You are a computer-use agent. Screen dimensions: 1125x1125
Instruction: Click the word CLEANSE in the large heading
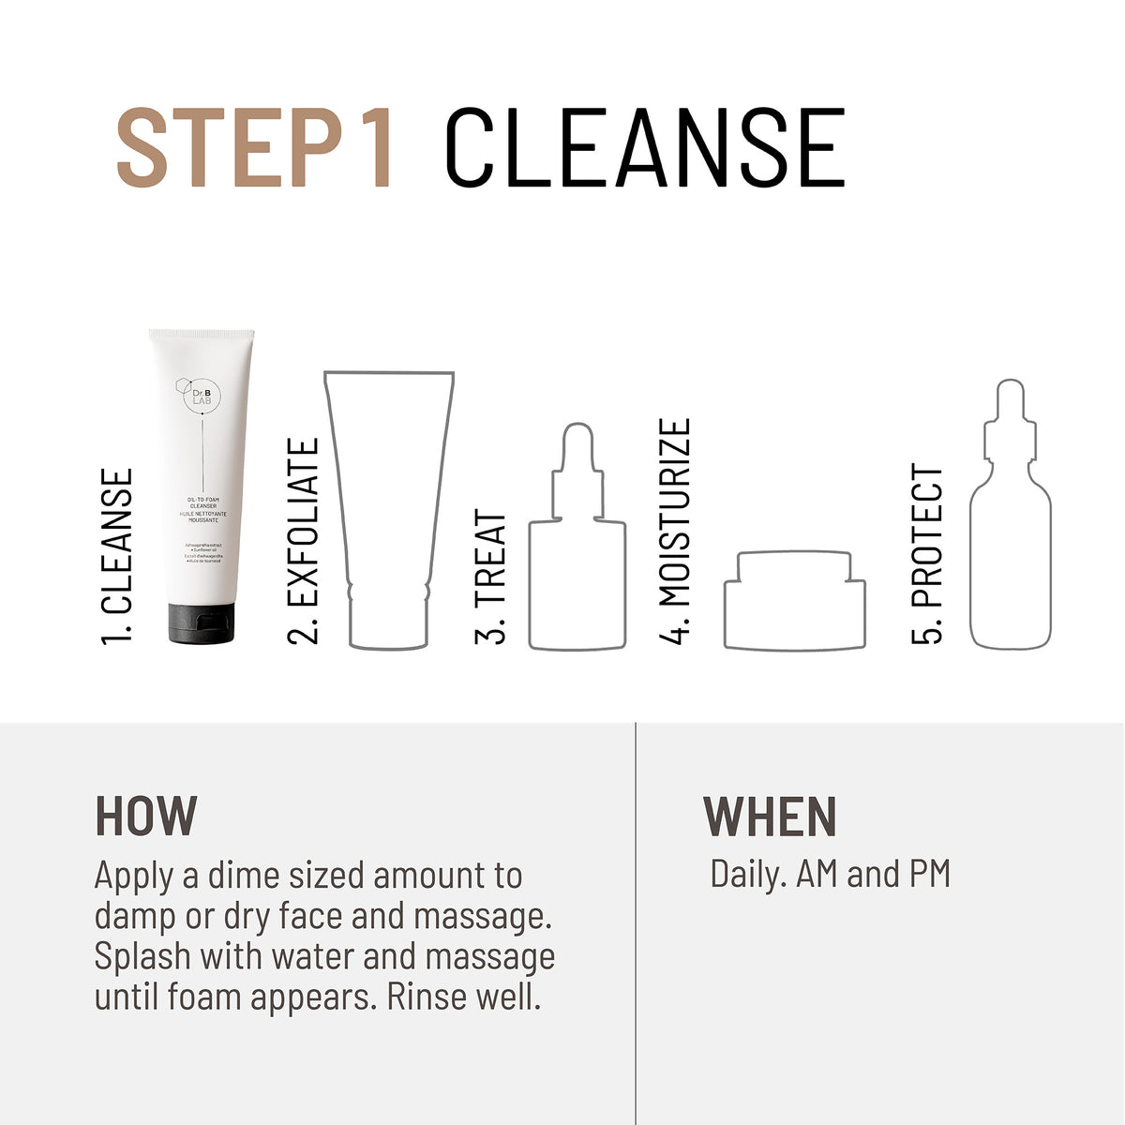pos(645,149)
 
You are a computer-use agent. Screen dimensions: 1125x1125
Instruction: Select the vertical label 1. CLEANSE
pos(118,556)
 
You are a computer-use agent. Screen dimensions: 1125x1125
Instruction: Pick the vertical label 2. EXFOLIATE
pos(304,542)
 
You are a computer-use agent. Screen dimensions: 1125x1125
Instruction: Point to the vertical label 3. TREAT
pos(491,578)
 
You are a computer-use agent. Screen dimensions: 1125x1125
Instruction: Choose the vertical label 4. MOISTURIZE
pos(675,532)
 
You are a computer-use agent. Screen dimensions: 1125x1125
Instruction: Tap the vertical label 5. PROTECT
pos(927,554)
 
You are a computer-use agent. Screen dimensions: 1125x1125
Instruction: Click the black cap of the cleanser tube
pos(202,624)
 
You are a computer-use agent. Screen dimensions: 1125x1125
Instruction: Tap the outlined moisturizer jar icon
pos(794,602)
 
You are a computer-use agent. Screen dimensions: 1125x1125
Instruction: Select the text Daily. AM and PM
pos(830,874)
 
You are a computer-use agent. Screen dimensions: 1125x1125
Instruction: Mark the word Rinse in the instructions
pos(426,997)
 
